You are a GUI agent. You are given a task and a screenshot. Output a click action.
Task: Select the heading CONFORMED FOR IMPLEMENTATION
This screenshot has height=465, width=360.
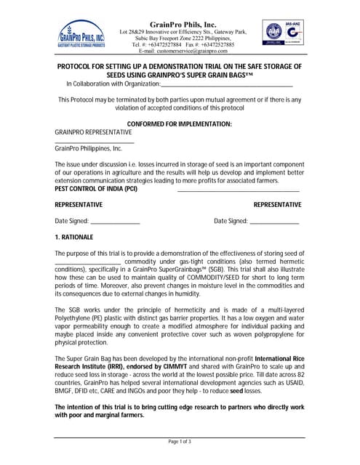pos(180,124)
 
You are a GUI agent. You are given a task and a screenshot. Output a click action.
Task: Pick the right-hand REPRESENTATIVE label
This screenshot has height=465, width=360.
pos(277,205)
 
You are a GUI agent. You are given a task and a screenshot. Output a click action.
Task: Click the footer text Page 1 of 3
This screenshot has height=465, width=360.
pos(180,441)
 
